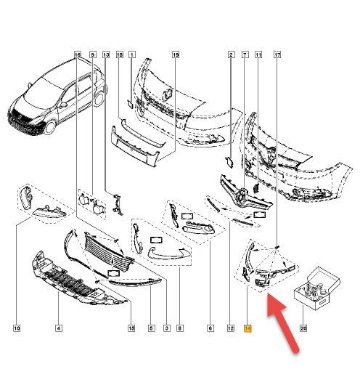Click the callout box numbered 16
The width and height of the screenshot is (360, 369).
(x=77, y=54)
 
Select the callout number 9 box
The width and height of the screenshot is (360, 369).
(x=93, y=54)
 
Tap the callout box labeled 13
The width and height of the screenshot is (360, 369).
(x=106, y=54)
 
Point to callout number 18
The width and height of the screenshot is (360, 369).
(x=120, y=54)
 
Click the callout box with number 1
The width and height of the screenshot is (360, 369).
(x=132, y=54)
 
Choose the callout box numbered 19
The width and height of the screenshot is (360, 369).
(x=176, y=54)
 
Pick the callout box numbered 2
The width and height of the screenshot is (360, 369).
(x=231, y=54)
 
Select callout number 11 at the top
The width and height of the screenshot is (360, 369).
(x=258, y=54)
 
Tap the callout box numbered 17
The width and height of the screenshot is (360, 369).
(x=277, y=54)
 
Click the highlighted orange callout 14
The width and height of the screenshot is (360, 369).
(x=248, y=328)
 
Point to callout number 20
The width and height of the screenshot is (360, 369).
(x=303, y=328)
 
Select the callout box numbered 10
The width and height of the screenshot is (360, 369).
(x=17, y=328)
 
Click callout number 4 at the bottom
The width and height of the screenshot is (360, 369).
(x=59, y=328)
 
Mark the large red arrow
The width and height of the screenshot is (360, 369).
(x=282, y=323)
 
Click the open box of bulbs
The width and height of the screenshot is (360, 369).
(x=317, y=288)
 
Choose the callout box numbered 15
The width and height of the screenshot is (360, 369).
(x=131, y=328)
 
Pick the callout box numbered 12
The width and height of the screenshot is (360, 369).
(x=231, y=328)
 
